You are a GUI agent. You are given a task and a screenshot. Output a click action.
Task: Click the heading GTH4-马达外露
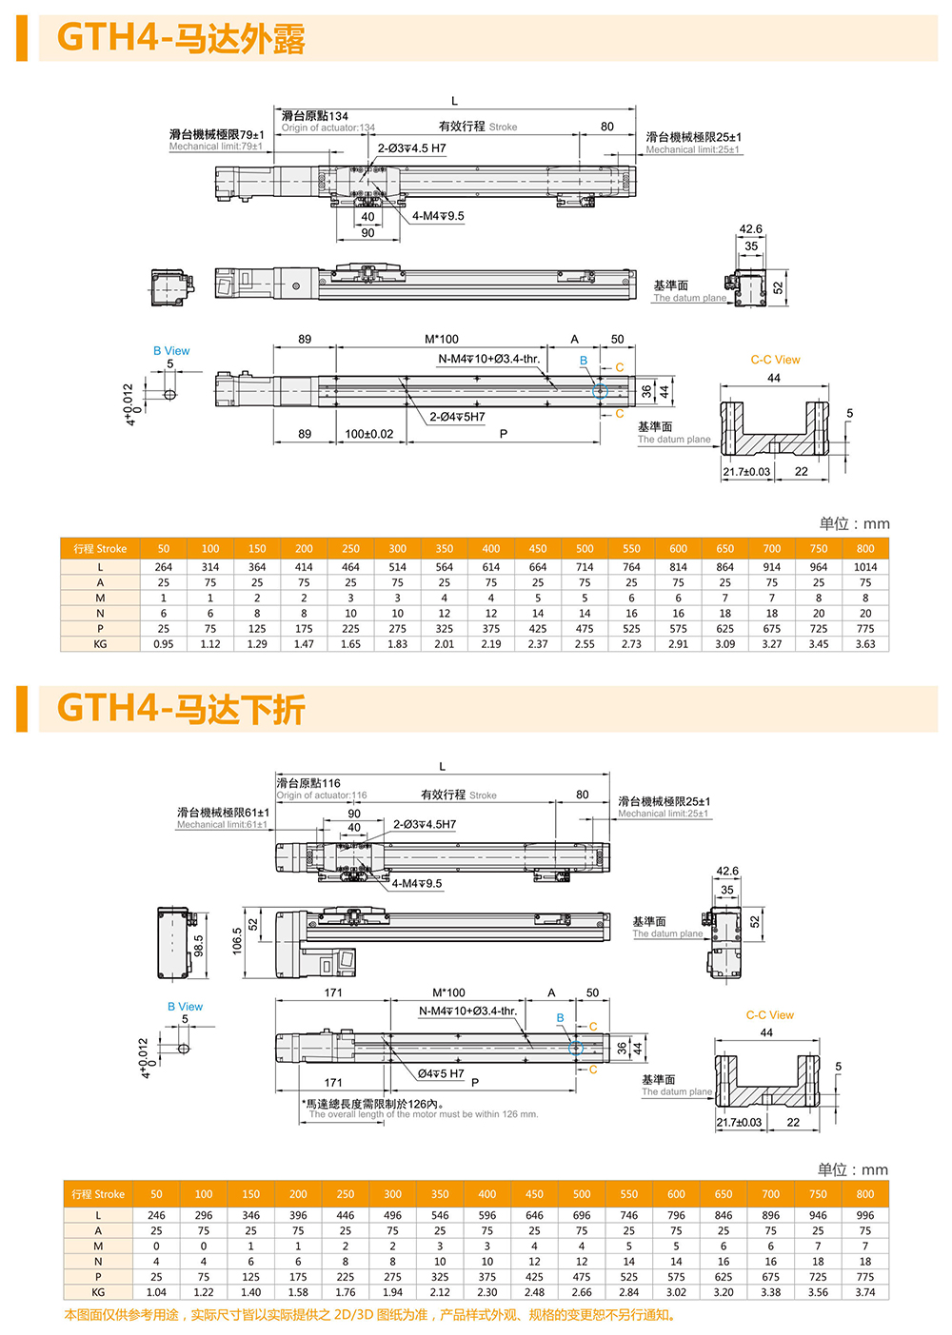tap(181, 39)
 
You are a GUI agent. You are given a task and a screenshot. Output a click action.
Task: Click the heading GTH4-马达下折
tap(181, 709)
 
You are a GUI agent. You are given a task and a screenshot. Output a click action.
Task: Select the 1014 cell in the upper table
tap(864, 567)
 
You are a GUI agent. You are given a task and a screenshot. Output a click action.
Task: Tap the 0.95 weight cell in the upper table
tap(164, 644)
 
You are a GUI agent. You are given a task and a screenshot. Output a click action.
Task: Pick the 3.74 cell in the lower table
tap(864, 1292)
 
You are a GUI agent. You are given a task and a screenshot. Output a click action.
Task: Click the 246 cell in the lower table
tap(156, 1215)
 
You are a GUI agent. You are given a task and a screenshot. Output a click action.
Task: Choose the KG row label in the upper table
tap(100, 644)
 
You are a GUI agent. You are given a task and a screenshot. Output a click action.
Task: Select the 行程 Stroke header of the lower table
tap(99, 1194)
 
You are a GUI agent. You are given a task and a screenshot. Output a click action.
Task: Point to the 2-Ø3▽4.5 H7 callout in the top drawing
tap(411, 148)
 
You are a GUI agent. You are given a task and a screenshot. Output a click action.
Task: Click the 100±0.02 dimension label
tap(368, 434)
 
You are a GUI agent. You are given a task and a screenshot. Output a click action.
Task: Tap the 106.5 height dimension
tap(238, 941)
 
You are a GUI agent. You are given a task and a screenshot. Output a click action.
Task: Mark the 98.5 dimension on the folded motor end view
tap(199, 946)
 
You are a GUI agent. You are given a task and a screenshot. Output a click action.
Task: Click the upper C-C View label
tap(775, 360)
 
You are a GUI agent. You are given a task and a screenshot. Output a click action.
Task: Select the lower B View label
tap(185, 1007)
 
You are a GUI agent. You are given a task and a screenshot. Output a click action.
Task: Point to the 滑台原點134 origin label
tap(314, 116)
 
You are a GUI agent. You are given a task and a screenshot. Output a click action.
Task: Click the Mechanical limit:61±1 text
tap(221, 825)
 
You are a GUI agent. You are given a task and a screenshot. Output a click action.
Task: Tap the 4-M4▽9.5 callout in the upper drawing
tap(438, 216)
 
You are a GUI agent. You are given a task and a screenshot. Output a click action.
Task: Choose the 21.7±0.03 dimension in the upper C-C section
tap(746, 471)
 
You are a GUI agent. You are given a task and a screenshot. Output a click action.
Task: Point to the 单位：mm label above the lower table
tap(852, 1169)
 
